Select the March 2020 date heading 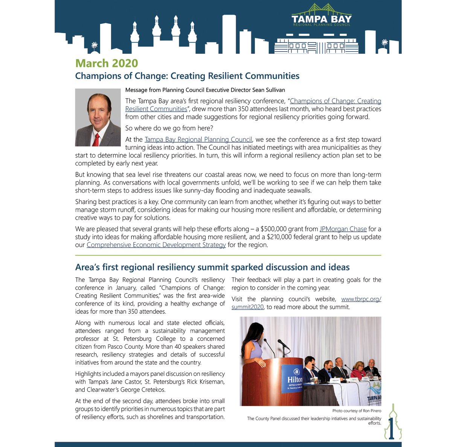click(107, 63)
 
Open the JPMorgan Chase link click(343, 229)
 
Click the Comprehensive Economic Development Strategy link click(156, 245)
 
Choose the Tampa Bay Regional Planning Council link click(198, 140)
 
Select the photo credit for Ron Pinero click(357, 411)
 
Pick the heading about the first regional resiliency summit click(212, 268)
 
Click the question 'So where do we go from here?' click(169, 128)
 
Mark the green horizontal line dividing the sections click(228, 255)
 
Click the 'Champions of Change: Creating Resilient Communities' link click(335, 101)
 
